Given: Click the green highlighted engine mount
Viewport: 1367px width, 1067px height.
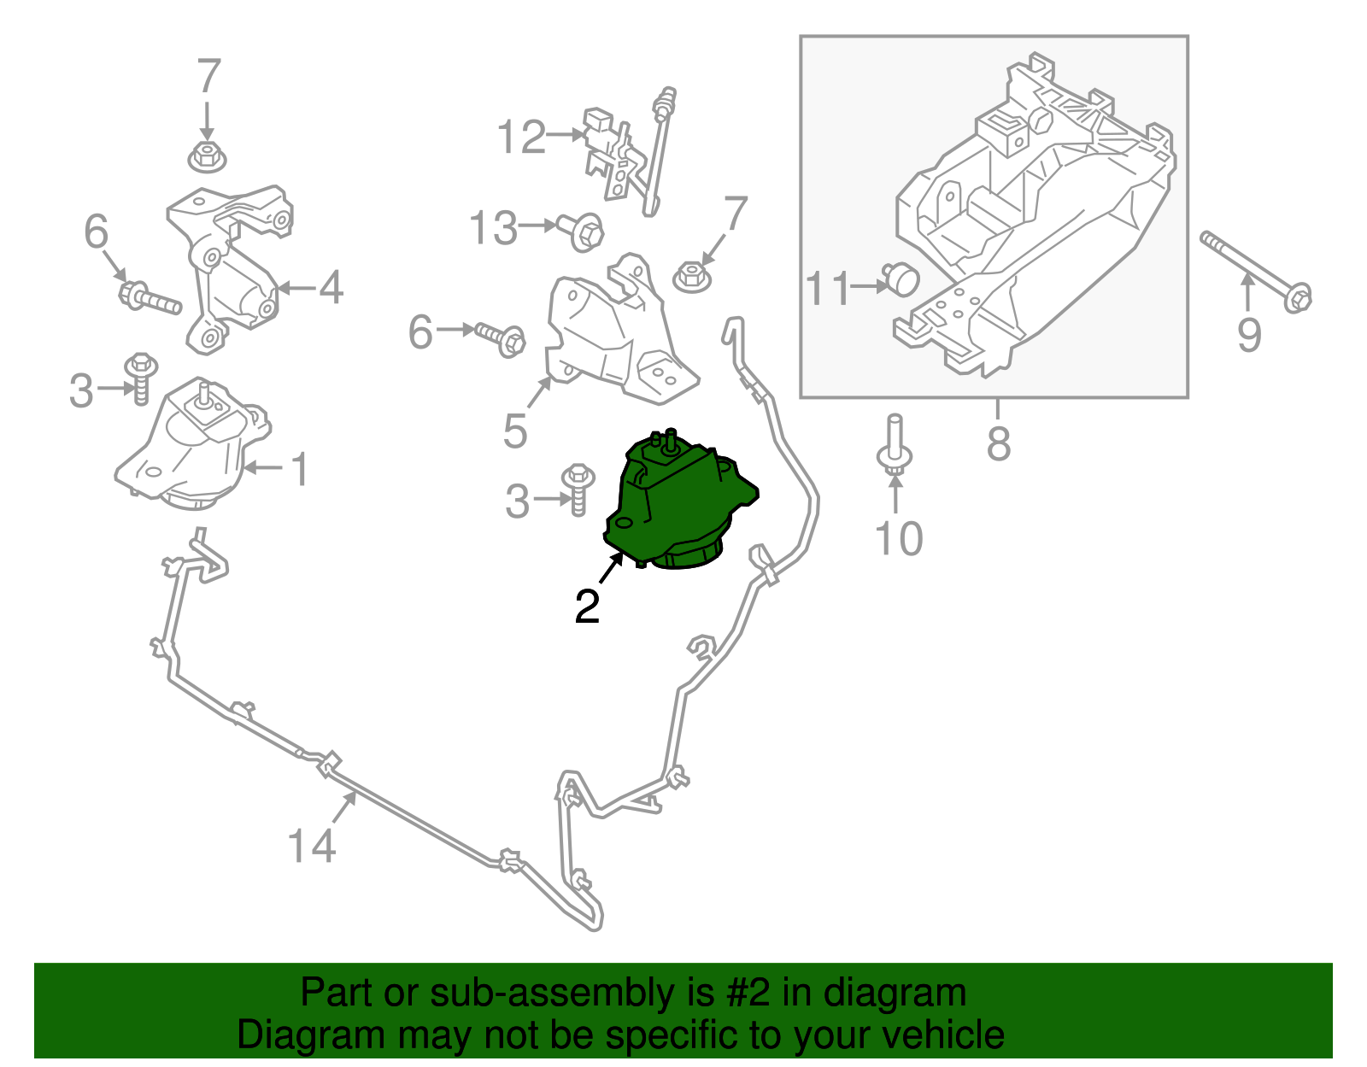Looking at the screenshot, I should click(675, 504).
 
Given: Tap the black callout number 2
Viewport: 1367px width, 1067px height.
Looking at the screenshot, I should click(587, 607).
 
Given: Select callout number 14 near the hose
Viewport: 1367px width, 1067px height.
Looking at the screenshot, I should click(311, 846).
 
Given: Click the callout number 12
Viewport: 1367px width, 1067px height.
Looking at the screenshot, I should click(521, 137).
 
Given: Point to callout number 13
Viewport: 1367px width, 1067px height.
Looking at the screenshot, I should click(494, 229).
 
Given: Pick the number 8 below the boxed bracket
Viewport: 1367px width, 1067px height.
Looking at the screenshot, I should click(998, 443).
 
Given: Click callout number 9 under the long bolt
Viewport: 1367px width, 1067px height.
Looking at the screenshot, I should click(1248, 334).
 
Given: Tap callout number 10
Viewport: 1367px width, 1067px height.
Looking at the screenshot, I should click(899, 538).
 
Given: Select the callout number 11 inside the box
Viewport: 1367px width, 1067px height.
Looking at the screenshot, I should click(829, 289).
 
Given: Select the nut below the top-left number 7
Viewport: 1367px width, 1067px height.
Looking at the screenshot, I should click(205, 157).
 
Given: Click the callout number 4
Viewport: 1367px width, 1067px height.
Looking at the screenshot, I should click(331, 287).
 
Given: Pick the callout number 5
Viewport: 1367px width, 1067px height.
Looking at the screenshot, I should click(514, 431).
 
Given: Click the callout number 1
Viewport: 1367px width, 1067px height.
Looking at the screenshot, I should click(299, 470).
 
